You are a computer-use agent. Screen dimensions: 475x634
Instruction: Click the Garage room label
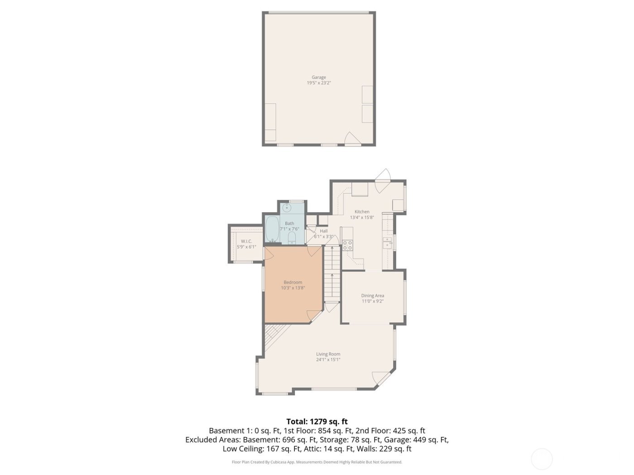point(318,77)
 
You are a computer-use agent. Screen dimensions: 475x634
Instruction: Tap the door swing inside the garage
point(351,138)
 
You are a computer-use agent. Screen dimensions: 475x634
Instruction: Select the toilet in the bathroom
point(292,238)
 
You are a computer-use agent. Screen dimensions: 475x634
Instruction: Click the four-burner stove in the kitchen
point(347,245)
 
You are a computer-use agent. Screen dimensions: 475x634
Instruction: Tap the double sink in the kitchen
point(387,243)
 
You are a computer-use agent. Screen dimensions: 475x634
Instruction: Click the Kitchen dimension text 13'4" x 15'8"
point(362,218)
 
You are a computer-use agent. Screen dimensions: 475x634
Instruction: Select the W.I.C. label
point(246,241)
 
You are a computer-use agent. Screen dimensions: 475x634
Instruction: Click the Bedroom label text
point(293,282)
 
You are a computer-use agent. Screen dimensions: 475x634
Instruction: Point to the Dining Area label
point(372,296)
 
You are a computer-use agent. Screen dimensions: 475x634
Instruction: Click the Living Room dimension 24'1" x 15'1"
point(328,360)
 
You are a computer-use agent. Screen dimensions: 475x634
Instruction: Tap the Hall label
point(323,231)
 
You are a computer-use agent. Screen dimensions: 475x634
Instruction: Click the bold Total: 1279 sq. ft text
point(317,421)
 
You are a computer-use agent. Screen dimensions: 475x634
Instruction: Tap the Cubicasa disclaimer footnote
point(317,462)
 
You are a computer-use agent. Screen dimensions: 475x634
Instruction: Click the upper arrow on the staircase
point(332,248)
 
